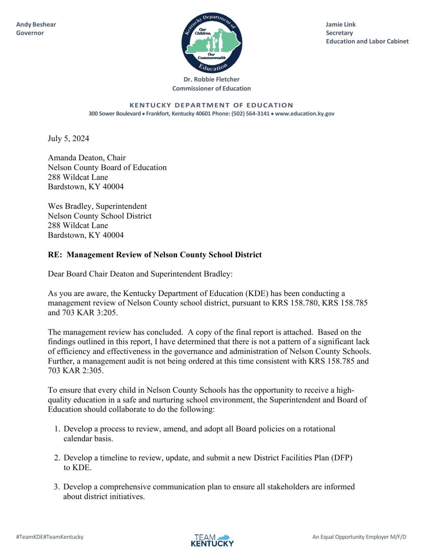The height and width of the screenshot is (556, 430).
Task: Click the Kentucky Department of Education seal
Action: (211, 43)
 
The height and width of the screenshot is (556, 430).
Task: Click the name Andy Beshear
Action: (36, 24)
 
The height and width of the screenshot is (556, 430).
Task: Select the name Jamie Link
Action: (341, 24)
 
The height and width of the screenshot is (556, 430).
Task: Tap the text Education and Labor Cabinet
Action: (367, 41)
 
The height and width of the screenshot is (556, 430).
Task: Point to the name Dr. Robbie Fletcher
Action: (211, 79)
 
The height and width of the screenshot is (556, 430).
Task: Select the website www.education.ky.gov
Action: (305, 114)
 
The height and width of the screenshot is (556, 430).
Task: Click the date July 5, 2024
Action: (68, 138)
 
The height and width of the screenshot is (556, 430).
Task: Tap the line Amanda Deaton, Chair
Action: (87, 158)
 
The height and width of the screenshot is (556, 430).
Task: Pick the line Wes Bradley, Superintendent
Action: (97, 206)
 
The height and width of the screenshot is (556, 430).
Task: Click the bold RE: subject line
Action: (155, 255)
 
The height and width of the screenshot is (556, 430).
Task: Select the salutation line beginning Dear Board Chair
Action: (140, 274)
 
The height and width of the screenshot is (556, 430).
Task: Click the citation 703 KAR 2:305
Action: (75, 371)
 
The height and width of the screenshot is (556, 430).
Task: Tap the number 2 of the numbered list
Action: (57, 458)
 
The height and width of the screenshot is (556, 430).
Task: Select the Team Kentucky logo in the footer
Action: (212, 540)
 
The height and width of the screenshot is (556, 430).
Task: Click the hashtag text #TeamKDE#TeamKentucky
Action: (50, 537)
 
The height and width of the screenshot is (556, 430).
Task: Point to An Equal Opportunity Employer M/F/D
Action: (359, 537)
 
